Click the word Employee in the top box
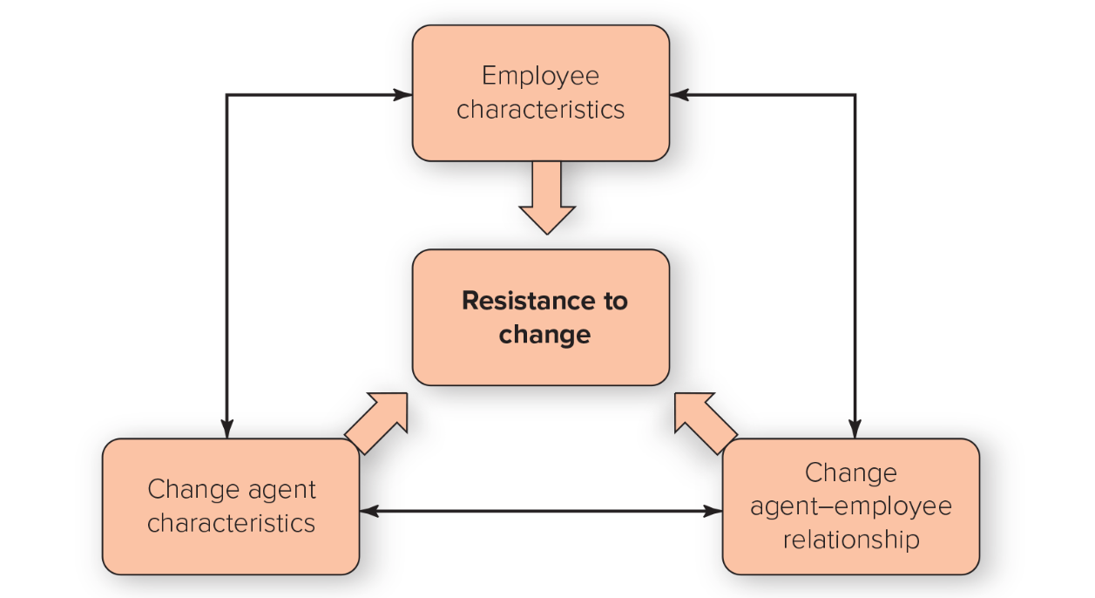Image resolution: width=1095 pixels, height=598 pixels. pos(540,77)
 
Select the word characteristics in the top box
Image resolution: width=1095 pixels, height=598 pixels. pos(540,110)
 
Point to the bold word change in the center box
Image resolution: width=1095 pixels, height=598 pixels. pos(544,334)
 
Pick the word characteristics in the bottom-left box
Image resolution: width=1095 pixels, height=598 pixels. pos(231,522)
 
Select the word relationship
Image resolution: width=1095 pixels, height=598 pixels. pos(850,540)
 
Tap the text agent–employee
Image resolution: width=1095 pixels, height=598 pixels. pos(850,506)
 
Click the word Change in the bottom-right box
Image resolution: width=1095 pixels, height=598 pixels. pos(850,473)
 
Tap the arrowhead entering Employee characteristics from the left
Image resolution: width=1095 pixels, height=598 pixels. pos(403,94)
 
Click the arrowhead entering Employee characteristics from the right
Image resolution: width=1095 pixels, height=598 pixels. pos(679,94)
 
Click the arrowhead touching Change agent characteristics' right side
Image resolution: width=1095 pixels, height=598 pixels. pos(369,511)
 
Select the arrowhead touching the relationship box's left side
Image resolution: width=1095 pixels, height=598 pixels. pos(713,511)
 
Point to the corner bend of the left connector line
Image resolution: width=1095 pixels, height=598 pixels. pos(226,94)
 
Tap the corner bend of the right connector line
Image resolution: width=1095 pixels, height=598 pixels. pos(855,94)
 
